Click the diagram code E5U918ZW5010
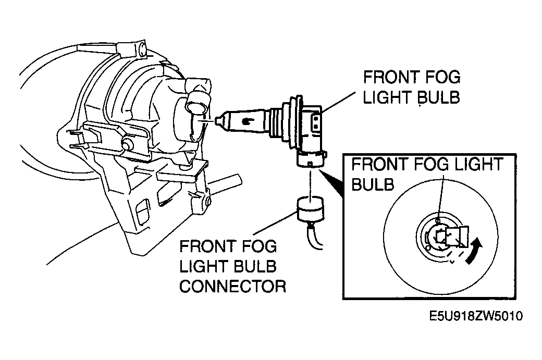[476, 316]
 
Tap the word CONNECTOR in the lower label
[232, 287]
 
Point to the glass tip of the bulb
[218, 121]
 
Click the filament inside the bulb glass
[247, 121]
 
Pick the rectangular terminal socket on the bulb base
[316, 122]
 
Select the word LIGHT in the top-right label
[387, 97]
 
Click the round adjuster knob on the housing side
[127, 144]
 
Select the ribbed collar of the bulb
[279, 121]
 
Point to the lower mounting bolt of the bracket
[207, 201]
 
